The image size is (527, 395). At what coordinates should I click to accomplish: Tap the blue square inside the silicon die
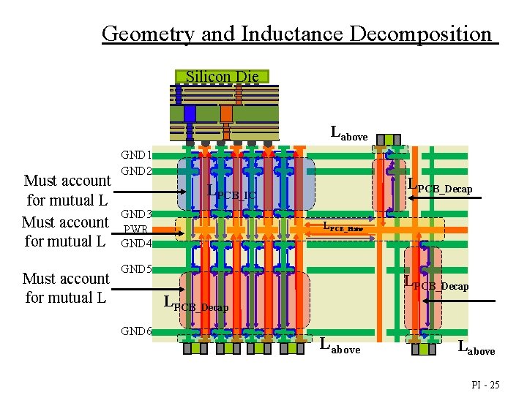coord(190,113)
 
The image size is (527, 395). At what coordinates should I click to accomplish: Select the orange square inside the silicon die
coord(226,113)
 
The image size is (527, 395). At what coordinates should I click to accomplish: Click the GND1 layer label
coord(136,155)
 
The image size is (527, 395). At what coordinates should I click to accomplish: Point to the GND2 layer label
coord(136,170)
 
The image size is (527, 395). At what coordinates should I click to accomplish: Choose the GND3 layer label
coord(136,214)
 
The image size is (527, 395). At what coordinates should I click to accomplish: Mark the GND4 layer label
coord(136,243)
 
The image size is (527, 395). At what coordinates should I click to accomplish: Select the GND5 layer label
coord(136,268)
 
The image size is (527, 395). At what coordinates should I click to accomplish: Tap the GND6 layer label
coord(136,331)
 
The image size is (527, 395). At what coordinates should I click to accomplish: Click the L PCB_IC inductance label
coord(231,193)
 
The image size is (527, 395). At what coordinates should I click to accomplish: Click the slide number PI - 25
coord(484,384)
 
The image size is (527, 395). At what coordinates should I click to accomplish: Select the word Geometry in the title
coord(138,34)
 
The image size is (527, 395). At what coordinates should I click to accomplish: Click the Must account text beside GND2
coord(67,181)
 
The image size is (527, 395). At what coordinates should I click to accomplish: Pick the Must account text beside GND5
coord(66,279)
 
